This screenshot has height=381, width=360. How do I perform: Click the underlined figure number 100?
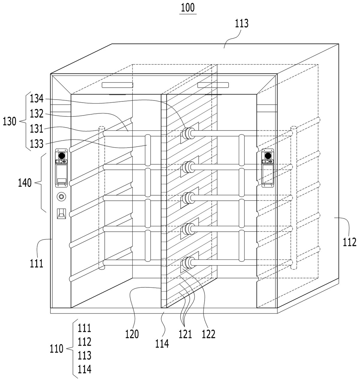point(188,8)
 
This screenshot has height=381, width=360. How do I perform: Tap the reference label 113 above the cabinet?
point(241,24)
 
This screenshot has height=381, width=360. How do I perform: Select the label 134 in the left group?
point(37,99)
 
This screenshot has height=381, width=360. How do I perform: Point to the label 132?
point(37,113)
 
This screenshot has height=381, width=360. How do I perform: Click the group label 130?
point(9,121)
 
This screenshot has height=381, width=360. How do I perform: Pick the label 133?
point(37,143)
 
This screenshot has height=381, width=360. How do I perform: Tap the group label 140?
point(25,183)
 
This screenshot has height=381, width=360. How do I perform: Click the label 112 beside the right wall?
point(349,242)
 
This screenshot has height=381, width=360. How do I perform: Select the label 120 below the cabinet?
point(132,334)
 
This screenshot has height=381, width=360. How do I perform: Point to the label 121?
point(185,334)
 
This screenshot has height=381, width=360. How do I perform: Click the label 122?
point(208,334)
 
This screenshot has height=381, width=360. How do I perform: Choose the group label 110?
point(56,349)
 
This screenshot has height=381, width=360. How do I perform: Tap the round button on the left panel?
point(61,196)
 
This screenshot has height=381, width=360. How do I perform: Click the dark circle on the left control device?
point(61,155)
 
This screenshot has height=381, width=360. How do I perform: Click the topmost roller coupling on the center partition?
point(187,133)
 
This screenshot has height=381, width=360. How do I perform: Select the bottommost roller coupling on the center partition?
point(187,262)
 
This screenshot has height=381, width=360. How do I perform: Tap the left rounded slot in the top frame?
point(117,85)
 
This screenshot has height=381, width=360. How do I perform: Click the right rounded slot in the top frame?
point(213,85)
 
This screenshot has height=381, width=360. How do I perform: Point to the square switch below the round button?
point(61,214)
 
